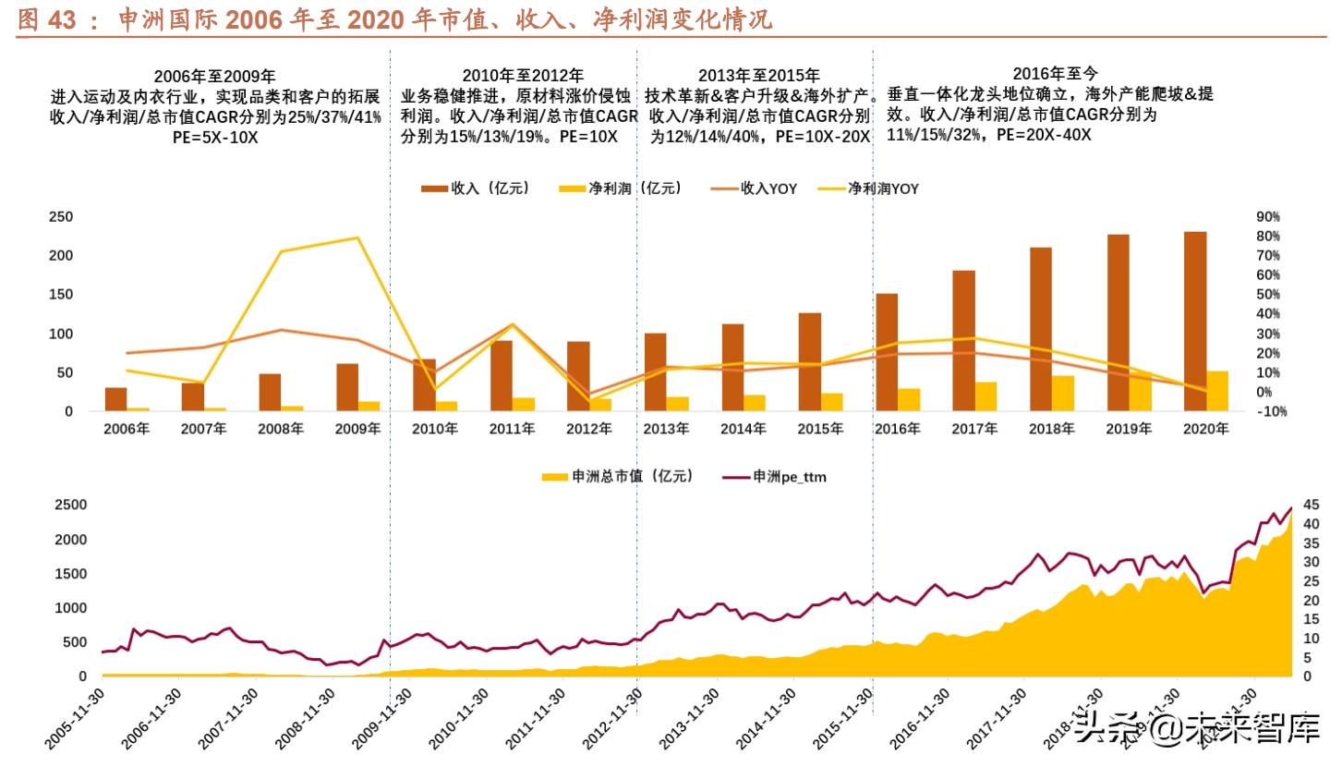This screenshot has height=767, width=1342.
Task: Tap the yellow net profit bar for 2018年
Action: click(1063, 393)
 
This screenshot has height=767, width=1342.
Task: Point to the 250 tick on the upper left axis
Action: click(61, 217)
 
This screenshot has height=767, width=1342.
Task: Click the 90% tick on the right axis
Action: click(1267, 216)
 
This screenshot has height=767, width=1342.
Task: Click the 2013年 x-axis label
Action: click(666, 429)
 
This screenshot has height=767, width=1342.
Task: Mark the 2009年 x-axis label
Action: click(357, 429)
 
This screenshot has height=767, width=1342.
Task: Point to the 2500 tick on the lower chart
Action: click(70, 505)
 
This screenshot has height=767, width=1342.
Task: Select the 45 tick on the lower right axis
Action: click(1311, 505)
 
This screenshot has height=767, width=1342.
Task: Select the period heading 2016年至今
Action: click(1055, 73)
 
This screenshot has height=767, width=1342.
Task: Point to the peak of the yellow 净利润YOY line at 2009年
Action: click(357, 237)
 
